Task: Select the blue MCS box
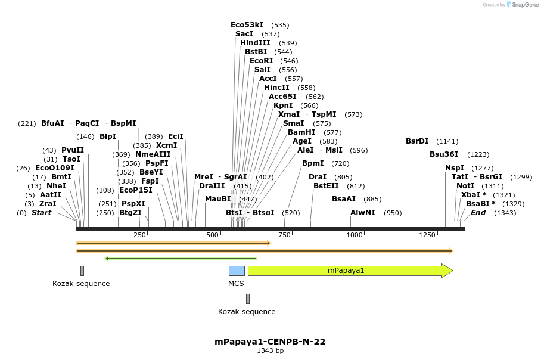pos(237,271)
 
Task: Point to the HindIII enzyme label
pos(255,43)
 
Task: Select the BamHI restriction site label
pos(301,132)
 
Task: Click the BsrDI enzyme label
pos(417,141)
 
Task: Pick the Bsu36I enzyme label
pos(444,154)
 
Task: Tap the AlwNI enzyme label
pos(363,213)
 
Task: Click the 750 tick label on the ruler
pos(284,235)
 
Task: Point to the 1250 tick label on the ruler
pos(427,235)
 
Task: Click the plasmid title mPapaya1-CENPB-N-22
pos(270,342)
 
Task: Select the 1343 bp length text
pos(270,351)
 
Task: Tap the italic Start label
pos(41,213)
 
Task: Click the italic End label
pos(478,213)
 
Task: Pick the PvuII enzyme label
pos(73,150)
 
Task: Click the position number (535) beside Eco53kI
pos(280,25)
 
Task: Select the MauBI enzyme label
pos(217,199)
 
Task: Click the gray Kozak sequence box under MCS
pos(248,299)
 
